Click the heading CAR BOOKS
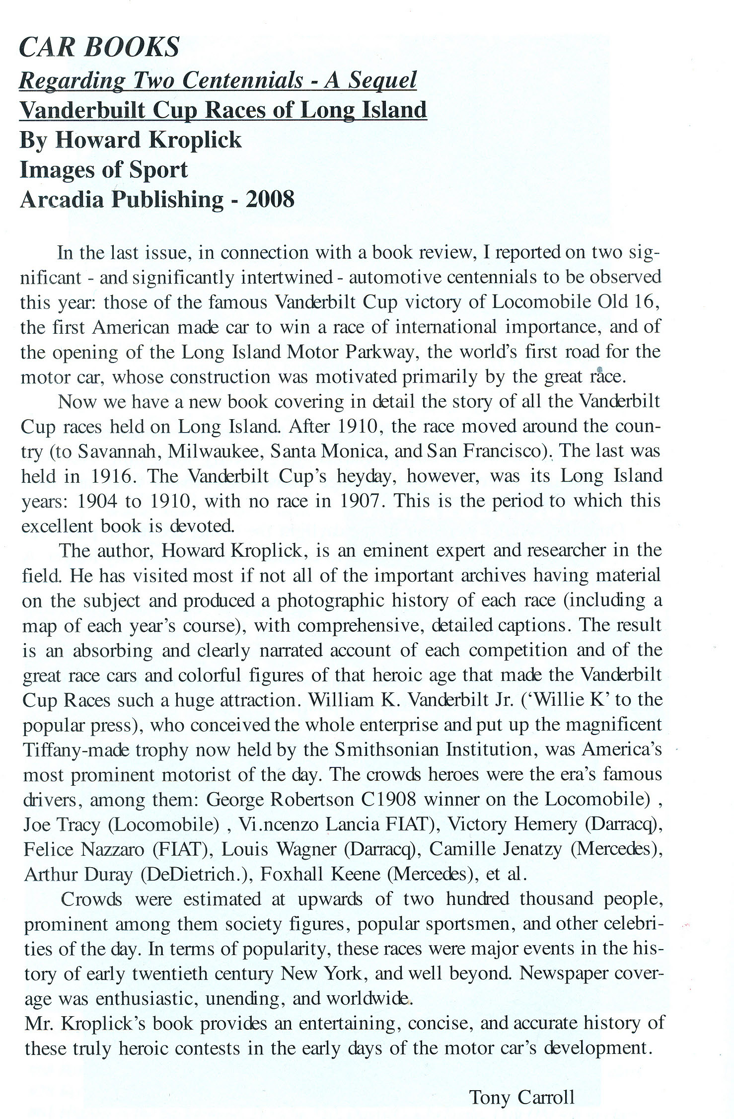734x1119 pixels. point(99,48)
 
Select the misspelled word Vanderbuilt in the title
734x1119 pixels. point(82,110)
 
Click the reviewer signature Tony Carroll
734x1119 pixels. point(521,1097)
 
